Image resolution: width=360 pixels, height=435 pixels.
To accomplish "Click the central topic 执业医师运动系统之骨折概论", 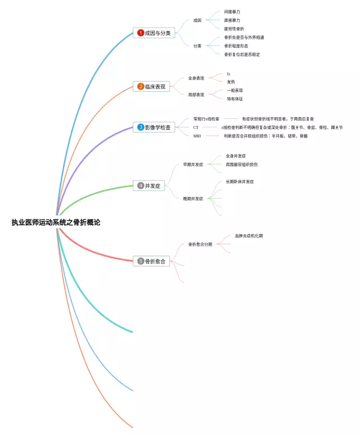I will click(56, 222).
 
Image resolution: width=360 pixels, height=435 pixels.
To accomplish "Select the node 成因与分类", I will click(154, 33).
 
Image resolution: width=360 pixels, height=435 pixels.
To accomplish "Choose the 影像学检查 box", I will click(154, 127).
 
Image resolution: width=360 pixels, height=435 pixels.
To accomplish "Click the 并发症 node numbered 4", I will click(149, 186).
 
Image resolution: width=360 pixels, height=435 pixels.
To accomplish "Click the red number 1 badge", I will click(141, 33).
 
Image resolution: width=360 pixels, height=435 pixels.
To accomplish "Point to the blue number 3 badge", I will click(141, 127).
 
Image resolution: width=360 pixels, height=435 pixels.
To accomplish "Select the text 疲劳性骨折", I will click(234, 29).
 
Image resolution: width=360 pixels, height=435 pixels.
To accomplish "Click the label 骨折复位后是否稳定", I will click(242, 55).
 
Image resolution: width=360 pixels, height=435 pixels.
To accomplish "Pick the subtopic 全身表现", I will click(196, 78).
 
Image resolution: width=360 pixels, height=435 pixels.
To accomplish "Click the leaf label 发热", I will click(231, 82).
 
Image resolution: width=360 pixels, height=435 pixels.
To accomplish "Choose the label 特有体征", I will click(235, 99).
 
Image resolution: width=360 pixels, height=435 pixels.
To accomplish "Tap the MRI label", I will click(197, 136).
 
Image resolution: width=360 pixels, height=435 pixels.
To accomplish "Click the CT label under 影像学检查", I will click(196, 128).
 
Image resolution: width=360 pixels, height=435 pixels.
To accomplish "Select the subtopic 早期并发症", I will click(193, 165).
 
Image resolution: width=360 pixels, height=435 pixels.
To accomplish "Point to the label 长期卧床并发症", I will click(240, 182).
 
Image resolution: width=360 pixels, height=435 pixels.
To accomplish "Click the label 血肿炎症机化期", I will click(249, 236).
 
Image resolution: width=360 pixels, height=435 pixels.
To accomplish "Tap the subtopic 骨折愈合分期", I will click(200, 245).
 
